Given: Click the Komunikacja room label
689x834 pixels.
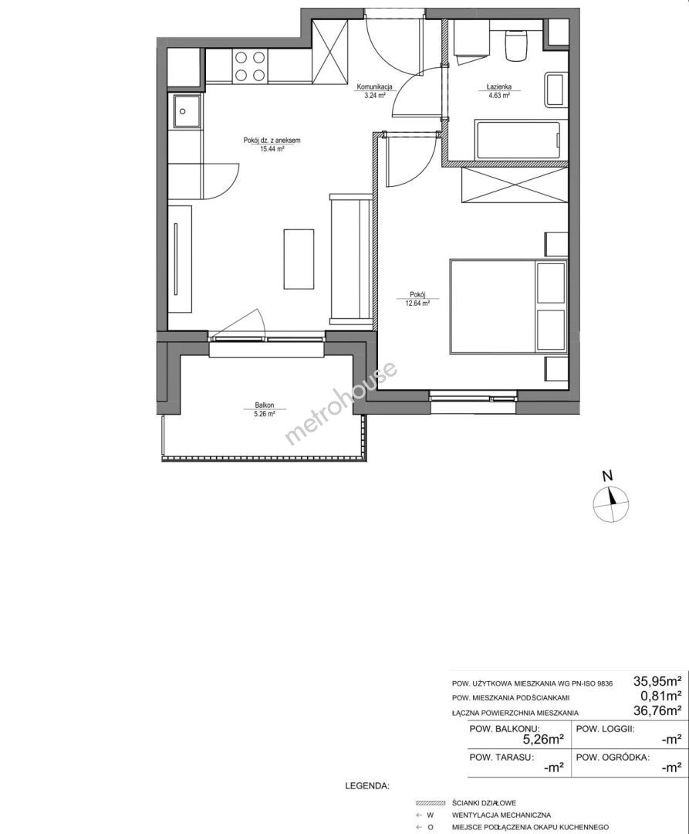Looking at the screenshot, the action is point(374,86).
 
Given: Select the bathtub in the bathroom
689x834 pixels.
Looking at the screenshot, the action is point(518,141).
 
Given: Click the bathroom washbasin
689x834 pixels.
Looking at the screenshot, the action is point(553,90).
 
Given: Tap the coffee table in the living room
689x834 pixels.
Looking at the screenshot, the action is point(299,259).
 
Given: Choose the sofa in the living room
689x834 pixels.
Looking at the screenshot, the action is point(350,259).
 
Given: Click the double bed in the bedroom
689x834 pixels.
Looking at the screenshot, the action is point(508,306).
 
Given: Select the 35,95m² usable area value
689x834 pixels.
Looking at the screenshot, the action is point(657,680).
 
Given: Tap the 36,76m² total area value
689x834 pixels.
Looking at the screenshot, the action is point(657,710).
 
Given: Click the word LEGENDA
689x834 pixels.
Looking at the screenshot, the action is point(367,785).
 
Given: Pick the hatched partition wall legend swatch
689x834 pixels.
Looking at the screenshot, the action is point(431,803).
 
